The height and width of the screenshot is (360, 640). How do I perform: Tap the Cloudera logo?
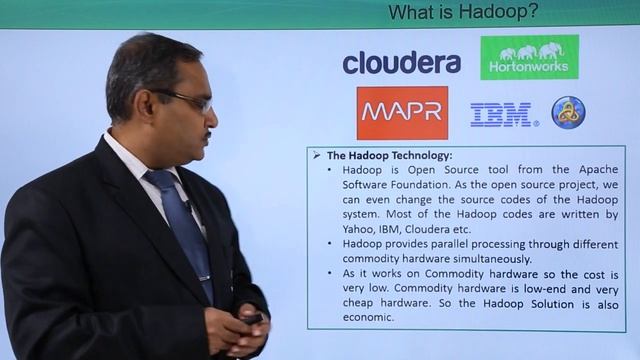point(401,63)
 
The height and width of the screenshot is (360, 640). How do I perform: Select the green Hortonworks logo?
point(529,57)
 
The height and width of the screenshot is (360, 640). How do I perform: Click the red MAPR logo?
point(402,112)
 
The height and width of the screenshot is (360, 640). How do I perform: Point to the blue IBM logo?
point(502,115)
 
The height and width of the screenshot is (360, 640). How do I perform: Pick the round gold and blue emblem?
point(568,112)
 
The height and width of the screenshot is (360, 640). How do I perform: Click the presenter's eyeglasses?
point(189,99)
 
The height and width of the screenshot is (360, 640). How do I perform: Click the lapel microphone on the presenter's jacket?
point(187,206)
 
